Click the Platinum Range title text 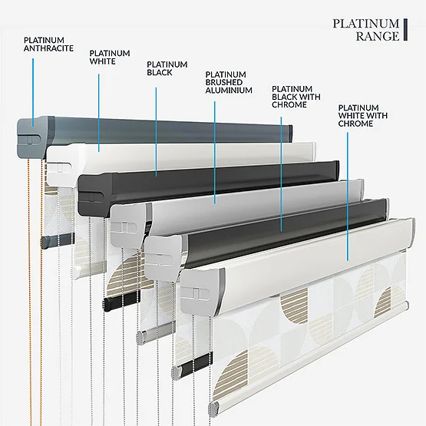pos(366,30)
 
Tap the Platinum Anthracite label pos(48,44)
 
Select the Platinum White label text pos(110,57)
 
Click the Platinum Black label pos(167,68)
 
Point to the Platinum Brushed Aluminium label pos(229,82)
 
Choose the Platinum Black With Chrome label pos(296,97)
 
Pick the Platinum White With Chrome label pos(363,115)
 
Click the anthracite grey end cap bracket pos(35,137)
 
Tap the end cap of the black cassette pos(94,195)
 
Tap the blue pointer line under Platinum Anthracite pos(33,92)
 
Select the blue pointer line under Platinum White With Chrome pos(348,196)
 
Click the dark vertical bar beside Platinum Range pos(405,30)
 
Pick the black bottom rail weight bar pos(122,300)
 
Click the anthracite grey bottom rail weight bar pos(58,240)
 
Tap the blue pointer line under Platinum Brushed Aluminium pos(215,153)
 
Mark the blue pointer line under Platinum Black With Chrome pos(281,174)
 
